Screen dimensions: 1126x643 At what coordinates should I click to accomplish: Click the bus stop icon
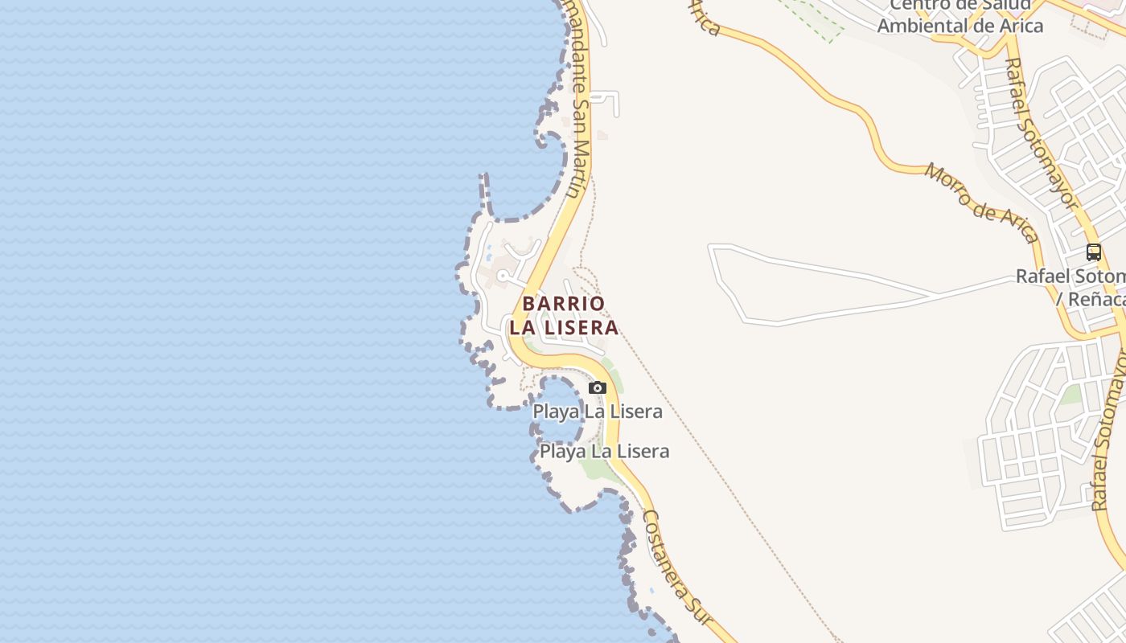pos(1093,252)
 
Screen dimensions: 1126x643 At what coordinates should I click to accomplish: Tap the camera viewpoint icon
pos(597,387)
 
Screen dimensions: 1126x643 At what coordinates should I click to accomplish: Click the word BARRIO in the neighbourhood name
pos(563,304)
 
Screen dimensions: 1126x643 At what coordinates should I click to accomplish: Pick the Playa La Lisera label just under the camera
pos(598,412)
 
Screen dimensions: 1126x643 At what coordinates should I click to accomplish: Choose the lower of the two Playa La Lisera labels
pos(604,451)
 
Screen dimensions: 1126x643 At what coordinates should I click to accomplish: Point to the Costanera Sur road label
pos(677,567)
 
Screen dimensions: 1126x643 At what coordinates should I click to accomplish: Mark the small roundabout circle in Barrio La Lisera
pos(503,276)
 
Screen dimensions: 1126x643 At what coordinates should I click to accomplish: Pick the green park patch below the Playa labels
pos(599,469)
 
